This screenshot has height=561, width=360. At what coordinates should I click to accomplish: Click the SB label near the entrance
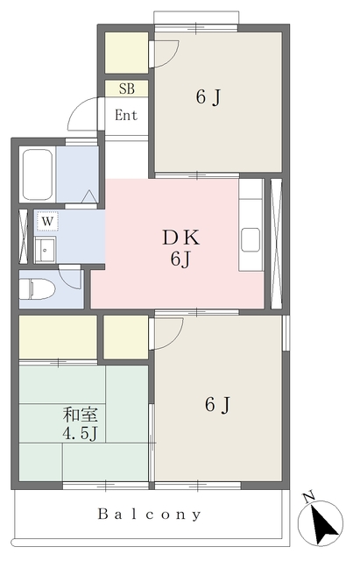pos(127,89)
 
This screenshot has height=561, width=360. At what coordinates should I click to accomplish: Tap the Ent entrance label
pos(126,115)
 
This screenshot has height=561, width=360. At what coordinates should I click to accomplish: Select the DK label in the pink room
pos(181,238)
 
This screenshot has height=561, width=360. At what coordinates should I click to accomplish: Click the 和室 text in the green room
pos(80,415)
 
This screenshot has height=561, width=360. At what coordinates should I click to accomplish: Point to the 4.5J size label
pos(80,433)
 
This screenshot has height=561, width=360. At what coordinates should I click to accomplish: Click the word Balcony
pos(149,515)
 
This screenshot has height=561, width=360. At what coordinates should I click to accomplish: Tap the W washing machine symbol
pos(47,222)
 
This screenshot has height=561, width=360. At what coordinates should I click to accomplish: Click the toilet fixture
pos(37,288)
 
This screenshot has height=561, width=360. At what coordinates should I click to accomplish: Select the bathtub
pos(38,174)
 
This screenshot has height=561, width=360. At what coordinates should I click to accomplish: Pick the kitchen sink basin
pos(251,239)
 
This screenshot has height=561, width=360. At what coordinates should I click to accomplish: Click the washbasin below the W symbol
pos(46,249)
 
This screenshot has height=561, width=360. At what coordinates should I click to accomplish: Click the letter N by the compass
pos(309,497)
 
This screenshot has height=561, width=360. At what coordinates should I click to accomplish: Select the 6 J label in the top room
pos(208,97)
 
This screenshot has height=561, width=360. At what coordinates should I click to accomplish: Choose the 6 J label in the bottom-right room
pos(218,405)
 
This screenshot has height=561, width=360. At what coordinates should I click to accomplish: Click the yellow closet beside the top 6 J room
pos(126,53)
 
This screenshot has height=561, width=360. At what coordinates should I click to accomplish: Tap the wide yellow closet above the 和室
pos(58,337)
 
